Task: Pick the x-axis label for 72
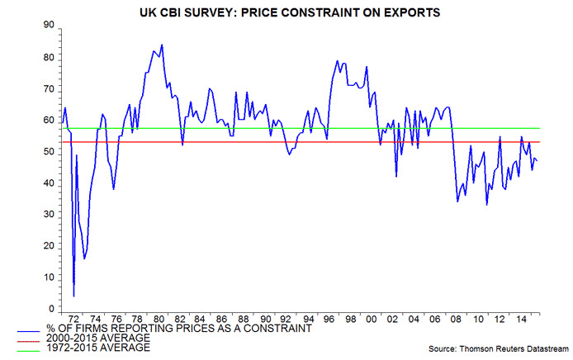pyautogui.click(x=74, y=318)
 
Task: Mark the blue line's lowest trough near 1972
pyautogui.click(x=73, y=296)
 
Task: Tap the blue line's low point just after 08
pyautogui.click(x=458, y=201)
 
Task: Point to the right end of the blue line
pyautogui.click(x=537, y=161)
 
